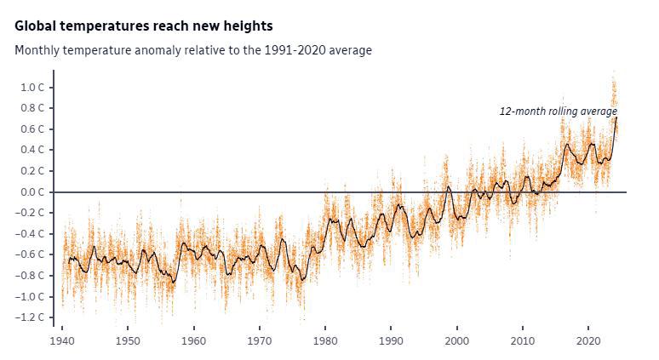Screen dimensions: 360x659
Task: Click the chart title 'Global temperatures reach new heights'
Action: (144, 27)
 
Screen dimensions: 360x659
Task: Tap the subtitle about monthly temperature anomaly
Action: (193, 50)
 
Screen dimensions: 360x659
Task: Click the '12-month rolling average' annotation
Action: (558, 111)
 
